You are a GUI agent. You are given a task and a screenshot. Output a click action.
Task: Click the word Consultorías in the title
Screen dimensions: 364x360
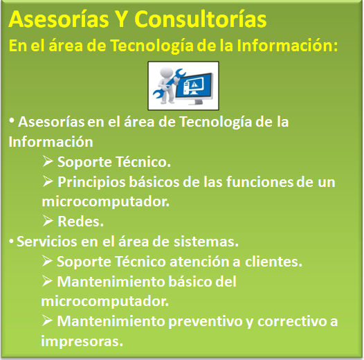click(x=201, y=19)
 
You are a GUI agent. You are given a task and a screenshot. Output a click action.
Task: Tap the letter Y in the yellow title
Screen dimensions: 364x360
click(x=121, y=19)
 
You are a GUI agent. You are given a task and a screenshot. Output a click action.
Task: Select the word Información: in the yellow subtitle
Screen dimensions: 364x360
click(x=287, y=46)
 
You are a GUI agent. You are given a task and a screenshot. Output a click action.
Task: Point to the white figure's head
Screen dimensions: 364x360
click(x=167, y=73)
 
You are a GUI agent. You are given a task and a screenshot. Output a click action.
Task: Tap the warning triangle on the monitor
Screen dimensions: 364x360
click(x=194, y=84)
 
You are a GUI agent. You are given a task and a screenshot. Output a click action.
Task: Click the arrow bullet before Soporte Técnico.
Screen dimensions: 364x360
click(x=48, y=161)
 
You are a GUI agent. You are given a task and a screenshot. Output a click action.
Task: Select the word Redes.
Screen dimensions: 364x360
click(x=80, y=222)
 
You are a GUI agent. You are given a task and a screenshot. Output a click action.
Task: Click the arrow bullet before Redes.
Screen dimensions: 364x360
click(x=48, y=221)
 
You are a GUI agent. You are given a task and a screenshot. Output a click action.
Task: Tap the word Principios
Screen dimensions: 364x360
click(x=92, y=182)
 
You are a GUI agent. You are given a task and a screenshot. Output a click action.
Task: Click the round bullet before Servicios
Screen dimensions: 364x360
click(x=11, y=242)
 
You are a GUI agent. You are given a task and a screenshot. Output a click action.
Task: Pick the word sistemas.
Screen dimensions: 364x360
click(x=206, y=242)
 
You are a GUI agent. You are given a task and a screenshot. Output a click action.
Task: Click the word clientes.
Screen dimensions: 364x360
click(x=274, y=262)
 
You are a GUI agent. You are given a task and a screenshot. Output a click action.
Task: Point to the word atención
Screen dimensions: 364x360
click(x=201, y=262)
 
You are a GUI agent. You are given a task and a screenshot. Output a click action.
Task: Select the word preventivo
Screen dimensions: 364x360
click(x=205, y=322)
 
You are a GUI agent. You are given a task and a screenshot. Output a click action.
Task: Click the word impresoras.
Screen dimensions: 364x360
click(x=82, y=341)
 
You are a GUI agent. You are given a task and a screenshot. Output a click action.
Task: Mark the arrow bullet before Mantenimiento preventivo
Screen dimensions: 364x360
click(x=47, y=321)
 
